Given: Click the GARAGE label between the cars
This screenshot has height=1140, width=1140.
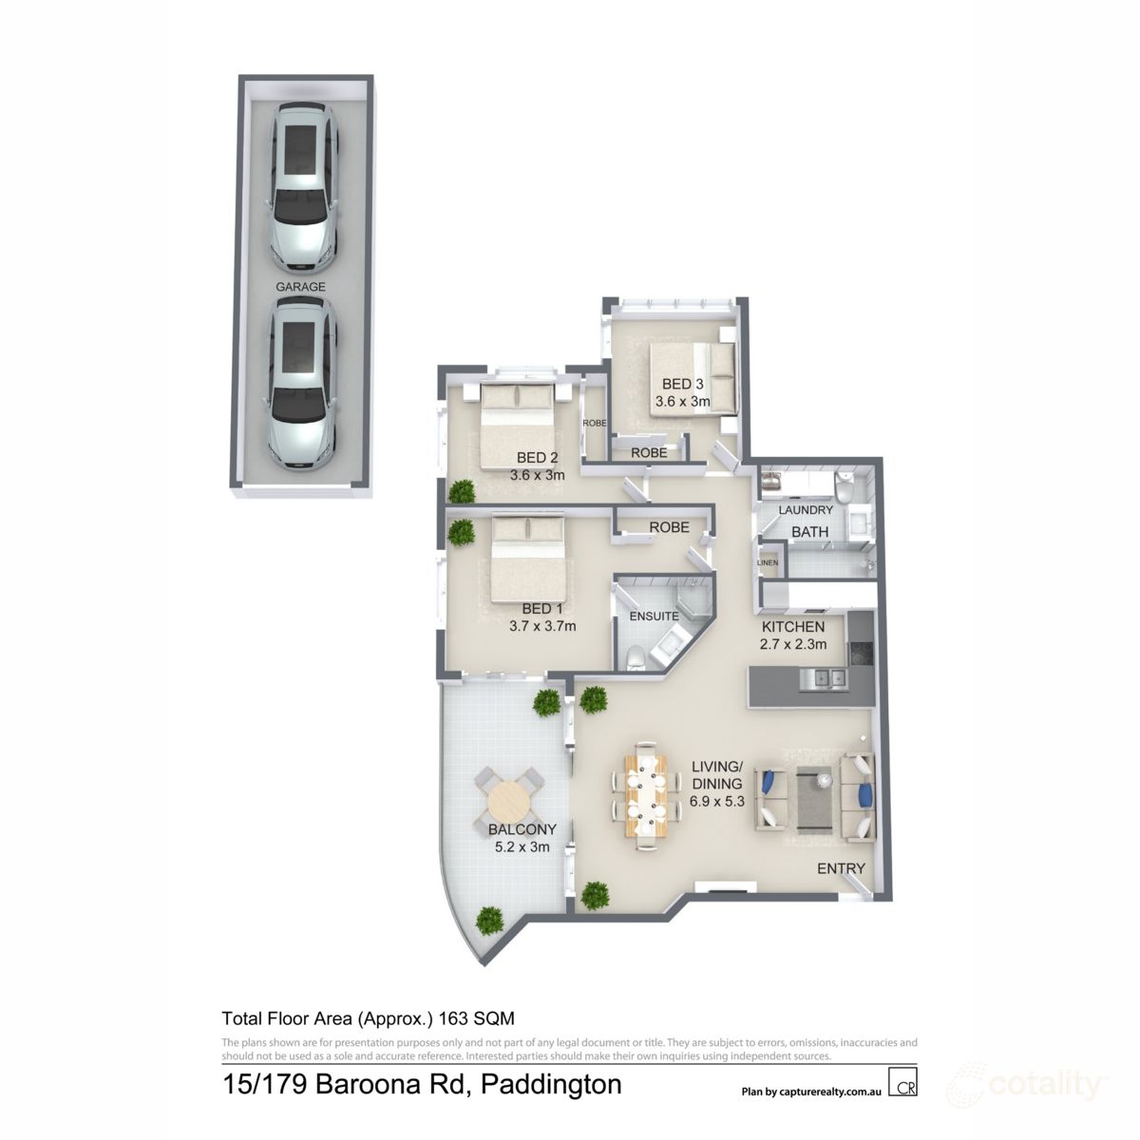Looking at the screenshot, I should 300,286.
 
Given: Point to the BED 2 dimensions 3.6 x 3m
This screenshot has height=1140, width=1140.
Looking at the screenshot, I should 538,475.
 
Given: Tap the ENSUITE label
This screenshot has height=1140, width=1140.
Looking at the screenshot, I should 655,616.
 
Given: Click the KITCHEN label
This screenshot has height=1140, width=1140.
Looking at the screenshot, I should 792,627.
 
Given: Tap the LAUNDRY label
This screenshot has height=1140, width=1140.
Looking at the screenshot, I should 806,510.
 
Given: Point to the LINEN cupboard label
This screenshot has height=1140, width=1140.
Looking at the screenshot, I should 768,563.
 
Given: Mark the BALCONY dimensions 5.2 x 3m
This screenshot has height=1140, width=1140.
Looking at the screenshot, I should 522,847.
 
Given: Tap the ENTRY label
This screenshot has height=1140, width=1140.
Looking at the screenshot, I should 841,868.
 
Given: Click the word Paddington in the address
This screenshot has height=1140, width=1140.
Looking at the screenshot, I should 551,1084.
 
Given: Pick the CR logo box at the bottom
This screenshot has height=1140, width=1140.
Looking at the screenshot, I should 902,1084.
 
